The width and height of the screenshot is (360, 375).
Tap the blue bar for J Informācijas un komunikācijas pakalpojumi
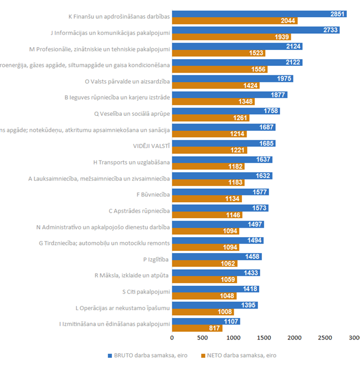point(255,30)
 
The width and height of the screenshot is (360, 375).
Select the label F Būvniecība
point(153,194)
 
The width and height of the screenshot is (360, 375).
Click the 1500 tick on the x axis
point(264,337)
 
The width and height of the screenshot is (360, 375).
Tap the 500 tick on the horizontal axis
point(202,337)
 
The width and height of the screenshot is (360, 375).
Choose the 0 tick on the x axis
point(172,337)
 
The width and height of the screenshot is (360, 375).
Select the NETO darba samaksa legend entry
point(239,355)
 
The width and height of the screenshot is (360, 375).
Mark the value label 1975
point(285,79)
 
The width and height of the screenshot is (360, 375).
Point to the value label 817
point(214,328)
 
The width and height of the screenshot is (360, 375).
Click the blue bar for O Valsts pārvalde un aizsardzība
point(232,79)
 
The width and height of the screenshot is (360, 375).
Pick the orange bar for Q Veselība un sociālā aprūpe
point(210,118)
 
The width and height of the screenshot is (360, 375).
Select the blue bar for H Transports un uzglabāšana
point(222,160)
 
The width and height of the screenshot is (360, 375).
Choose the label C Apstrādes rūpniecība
point(139,210)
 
